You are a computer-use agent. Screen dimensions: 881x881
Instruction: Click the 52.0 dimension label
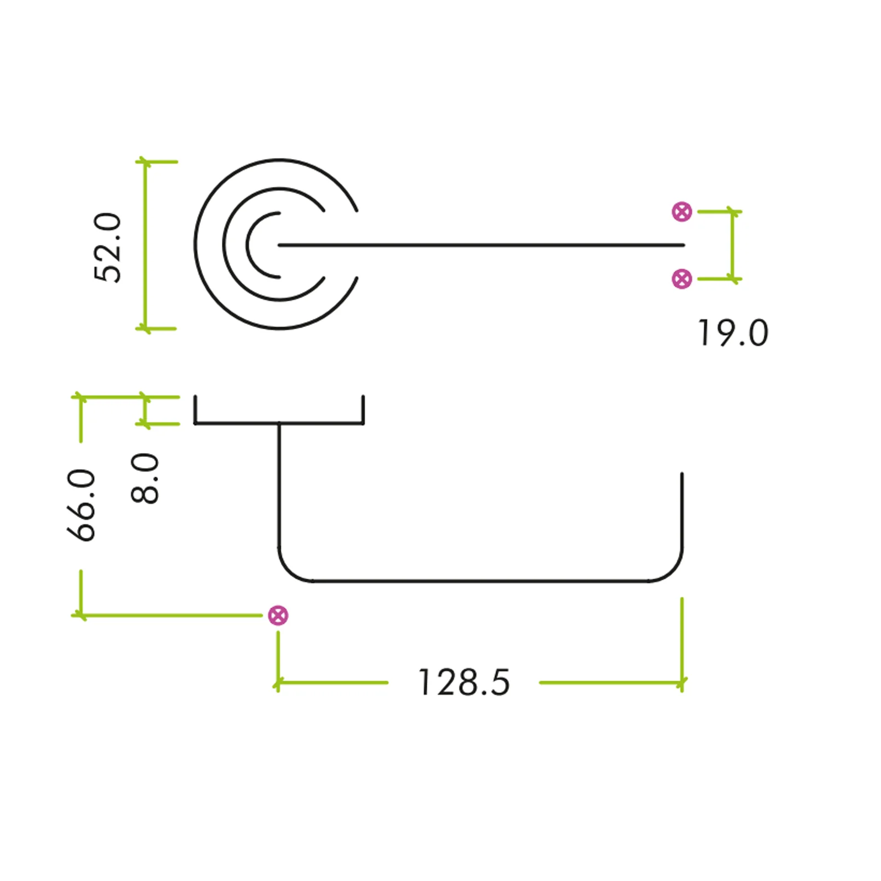pos(107,247)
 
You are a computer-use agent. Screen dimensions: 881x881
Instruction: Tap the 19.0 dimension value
pos(733,333)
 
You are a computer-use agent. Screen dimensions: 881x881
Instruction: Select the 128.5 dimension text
pos(464,683)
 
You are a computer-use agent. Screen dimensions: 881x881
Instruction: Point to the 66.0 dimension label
pos(80,505)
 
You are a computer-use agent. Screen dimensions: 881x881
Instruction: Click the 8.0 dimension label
pos(145,478)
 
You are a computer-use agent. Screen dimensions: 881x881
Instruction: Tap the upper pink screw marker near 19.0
pos(682,211)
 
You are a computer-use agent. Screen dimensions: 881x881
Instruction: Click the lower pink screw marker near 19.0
pos(682,279)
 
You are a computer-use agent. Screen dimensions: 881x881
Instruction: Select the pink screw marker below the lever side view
pos(278,615)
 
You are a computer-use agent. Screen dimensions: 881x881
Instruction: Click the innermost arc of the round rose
pos(247,245)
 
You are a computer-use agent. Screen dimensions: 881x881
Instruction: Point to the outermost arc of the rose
pos(195,244)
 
